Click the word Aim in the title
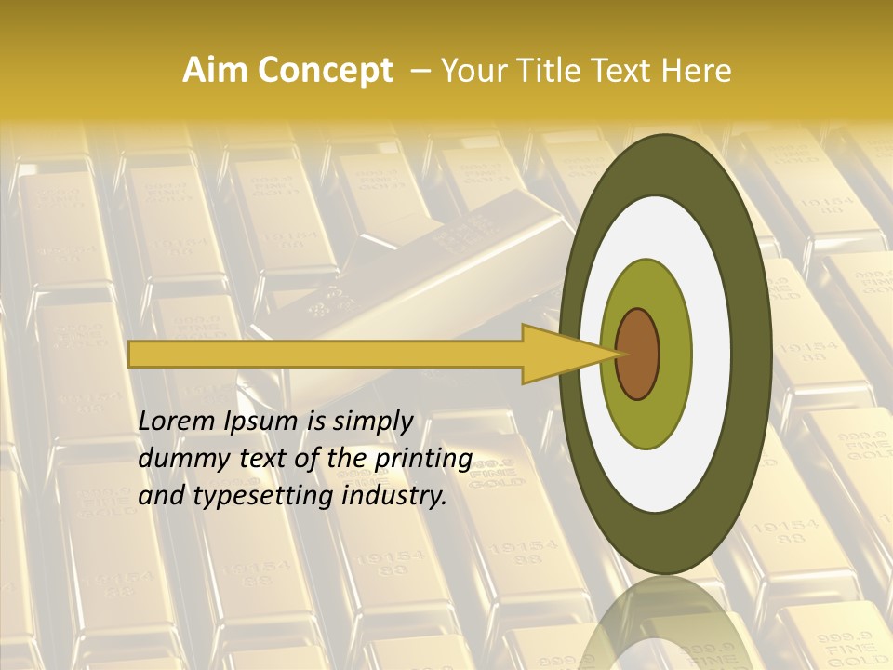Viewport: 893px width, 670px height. click(216, 71)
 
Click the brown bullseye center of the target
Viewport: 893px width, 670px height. click(638, 354)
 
